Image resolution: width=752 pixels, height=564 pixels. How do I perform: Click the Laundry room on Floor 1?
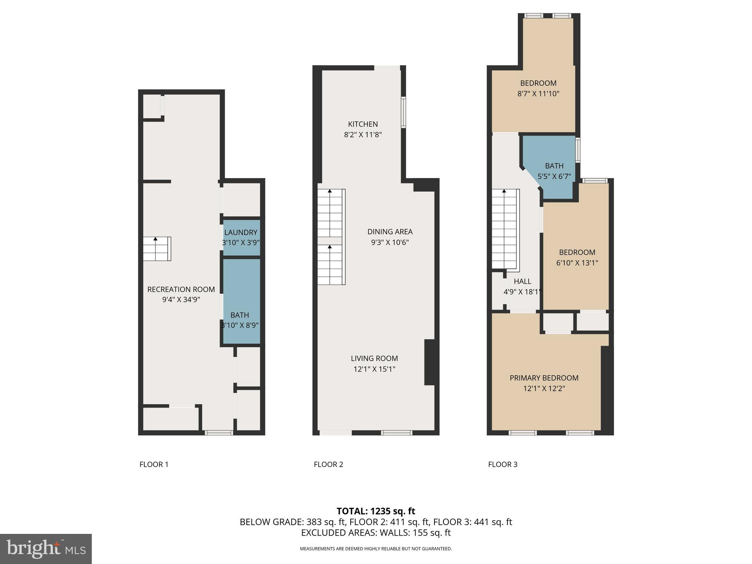click(x=241, y=237)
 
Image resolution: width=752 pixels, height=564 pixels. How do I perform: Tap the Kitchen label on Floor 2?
click(x=363, y=124)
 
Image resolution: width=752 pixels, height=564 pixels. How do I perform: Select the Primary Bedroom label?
click(x=544, y=378)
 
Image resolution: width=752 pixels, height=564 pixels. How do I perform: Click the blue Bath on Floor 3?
click(x=554, y=171)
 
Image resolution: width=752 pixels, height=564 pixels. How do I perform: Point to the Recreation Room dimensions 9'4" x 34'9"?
click(x=181, y=300)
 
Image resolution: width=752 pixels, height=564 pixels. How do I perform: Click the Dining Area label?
click(x=390, y=232)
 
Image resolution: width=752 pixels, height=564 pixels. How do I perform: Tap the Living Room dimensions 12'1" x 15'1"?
click(x=374, y=369)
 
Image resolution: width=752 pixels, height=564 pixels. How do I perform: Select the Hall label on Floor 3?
click(x=522, y=281)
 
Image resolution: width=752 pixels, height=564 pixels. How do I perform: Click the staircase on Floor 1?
click(x=157, y=249)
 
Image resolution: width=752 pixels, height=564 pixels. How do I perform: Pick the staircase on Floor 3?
click(x=505, y=229)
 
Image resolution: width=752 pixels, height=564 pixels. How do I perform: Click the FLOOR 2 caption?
click(x=328, y=464)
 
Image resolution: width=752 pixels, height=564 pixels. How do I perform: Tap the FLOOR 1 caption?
click(x=154, y=464)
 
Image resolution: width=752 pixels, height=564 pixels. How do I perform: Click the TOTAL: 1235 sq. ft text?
click(x=376, y=511)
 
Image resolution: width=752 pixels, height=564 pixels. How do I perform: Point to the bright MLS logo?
click(x=46, y=549)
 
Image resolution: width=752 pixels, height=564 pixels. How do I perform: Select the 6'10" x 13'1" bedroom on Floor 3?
click(x=576, y=257)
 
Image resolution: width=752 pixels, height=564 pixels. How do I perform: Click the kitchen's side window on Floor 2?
click(x=403, y=112)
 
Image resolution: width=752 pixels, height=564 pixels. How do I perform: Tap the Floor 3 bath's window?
click(x=578, y=150)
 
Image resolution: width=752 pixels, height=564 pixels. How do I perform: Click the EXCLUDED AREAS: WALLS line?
click(x=376, y=533)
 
